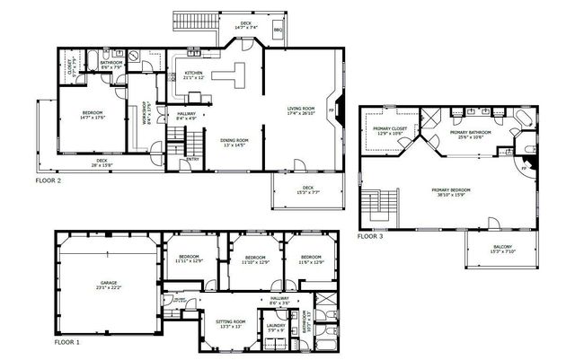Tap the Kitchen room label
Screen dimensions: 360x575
point(194,74)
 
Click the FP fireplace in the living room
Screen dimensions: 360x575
point(332,109)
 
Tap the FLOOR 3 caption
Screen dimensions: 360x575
point(370,237)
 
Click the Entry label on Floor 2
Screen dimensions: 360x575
point(191,160)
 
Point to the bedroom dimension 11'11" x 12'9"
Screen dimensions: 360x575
point(189,259)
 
